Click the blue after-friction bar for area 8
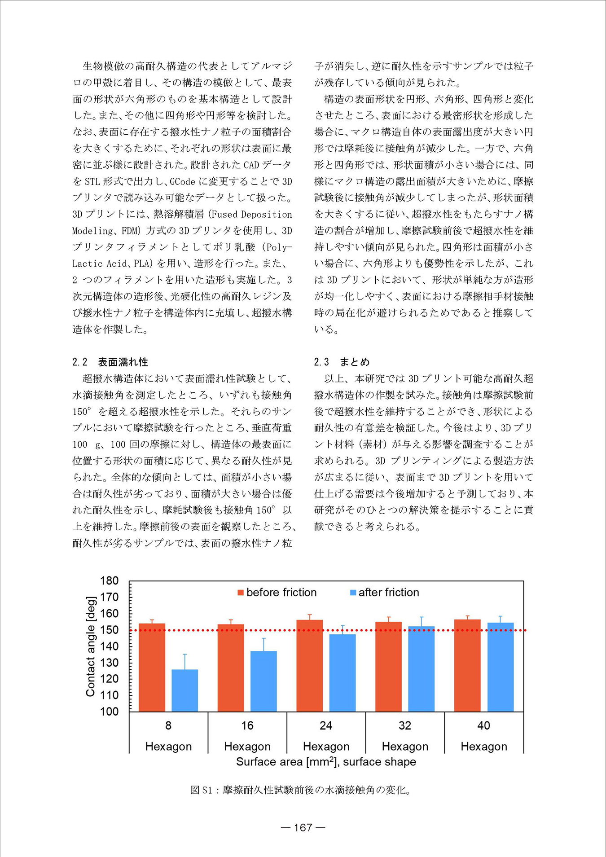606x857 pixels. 184,690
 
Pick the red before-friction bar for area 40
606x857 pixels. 467,665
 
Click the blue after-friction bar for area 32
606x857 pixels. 421,668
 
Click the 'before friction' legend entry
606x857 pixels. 277,593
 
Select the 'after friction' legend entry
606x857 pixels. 384,593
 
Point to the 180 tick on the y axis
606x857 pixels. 109,581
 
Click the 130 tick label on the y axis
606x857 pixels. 109,663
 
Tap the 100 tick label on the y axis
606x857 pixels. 109,712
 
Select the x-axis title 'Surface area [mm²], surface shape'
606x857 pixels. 326,762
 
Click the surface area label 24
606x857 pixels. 326,725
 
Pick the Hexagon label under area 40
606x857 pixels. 484,747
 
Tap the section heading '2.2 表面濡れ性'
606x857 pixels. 110,362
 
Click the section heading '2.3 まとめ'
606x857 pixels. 342,362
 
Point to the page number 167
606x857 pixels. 303,827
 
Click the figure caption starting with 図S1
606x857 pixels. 300,790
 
